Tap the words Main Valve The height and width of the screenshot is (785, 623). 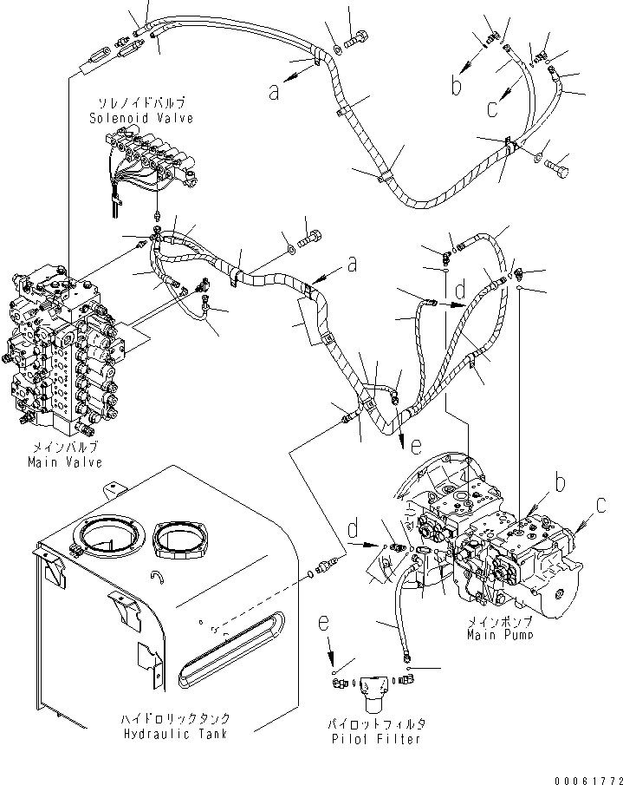point(66,462)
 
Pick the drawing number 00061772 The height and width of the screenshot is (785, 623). point(586,776)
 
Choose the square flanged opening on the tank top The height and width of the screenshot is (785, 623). point(183,545)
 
